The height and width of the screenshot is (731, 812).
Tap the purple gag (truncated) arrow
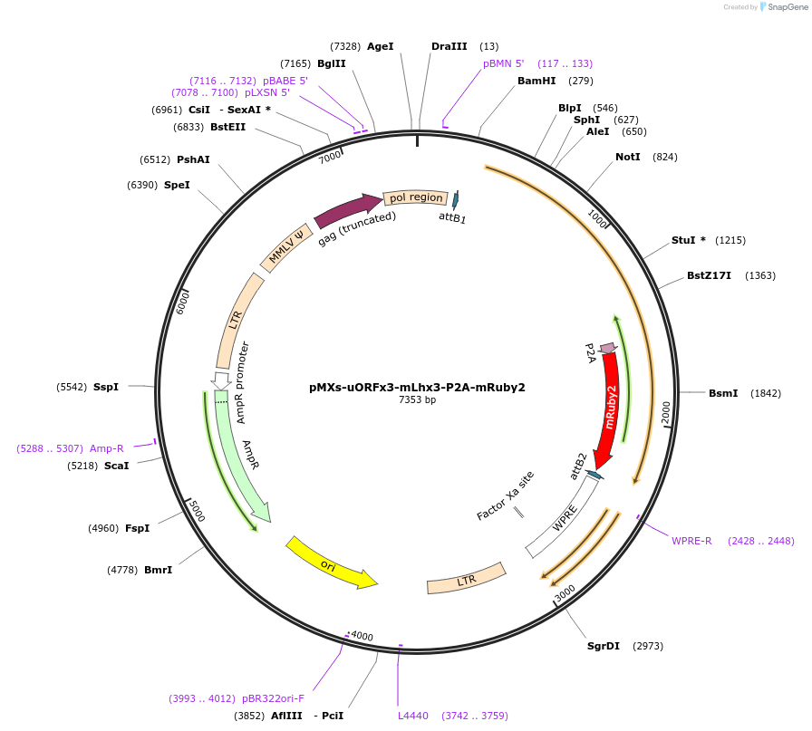(x=347, y=210)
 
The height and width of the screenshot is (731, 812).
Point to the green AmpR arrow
(x=240, y=453)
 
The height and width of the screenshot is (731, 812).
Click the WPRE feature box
(x=564, y=517)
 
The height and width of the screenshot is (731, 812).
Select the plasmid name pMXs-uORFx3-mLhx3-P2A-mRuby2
(x=417, y=387)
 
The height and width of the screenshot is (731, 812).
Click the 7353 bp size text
(x=417, y=399)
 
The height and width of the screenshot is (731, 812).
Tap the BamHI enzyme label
(x=536, y=81)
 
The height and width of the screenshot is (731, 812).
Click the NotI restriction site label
(x=627, y=157)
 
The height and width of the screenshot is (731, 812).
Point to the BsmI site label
(x=723, y=393)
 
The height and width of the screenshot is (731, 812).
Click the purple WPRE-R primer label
(x=691, y=541)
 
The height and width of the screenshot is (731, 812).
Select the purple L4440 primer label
(x=412, y=716)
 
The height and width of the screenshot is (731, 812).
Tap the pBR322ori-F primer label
(x=273, y=698)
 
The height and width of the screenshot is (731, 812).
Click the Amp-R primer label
(x=107, y=448)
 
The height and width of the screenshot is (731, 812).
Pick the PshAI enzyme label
(x=193, y=159)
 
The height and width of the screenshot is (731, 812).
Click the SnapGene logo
(x=783, y=7)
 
